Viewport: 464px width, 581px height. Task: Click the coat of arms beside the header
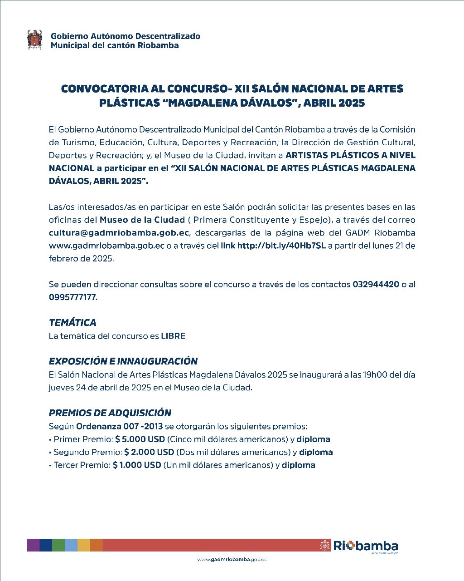35,40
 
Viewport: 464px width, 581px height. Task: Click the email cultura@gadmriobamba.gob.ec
119,233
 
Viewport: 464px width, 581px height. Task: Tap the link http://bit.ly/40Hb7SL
281,246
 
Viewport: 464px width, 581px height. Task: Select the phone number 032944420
376,285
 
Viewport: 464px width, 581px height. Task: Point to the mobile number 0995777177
72,298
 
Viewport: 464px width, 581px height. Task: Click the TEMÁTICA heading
72,323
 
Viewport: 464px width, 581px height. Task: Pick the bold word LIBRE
173,336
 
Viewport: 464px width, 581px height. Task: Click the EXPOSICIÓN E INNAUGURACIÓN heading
123,361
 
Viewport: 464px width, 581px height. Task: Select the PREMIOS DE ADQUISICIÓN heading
110,413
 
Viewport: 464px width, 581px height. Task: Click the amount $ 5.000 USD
140,439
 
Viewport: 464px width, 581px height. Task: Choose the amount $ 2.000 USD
149,452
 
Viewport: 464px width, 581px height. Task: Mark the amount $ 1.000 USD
137,465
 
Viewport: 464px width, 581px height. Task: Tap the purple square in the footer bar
33,545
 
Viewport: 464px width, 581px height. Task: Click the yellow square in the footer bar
84,545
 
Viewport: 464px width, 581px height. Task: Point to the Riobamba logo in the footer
359,546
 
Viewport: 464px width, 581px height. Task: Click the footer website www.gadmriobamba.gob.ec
232,560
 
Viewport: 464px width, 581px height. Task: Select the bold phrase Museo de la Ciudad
142,220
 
